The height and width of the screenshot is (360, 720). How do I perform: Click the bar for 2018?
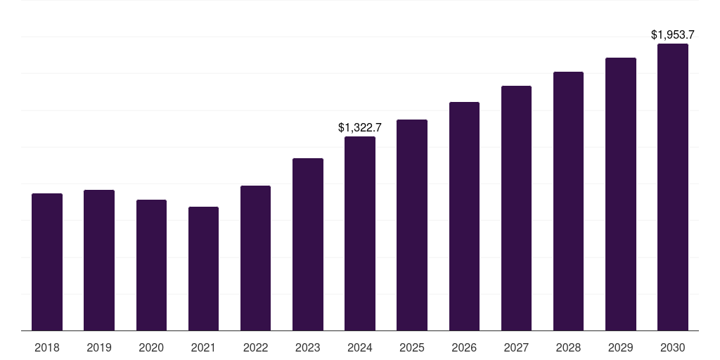point(47,262)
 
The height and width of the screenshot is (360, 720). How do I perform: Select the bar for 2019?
point(99,260)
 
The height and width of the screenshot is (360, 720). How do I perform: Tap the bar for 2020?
point(151,265)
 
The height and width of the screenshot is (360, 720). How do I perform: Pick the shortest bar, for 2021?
point(203,269)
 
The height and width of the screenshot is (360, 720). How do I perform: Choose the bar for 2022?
point(255,258)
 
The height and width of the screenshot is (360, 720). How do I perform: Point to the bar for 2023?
point(308,244)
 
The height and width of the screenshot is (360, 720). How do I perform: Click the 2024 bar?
point(360,233)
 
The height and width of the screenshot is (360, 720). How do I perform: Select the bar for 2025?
point(412,225)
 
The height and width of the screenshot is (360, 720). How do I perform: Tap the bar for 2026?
point(464,216)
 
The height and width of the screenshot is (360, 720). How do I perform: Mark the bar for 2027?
point(516,208)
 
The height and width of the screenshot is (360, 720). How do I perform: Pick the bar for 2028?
point(568,201)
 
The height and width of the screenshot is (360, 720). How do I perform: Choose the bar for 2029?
point(621,194)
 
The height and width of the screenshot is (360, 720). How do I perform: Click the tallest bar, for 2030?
point(673,187)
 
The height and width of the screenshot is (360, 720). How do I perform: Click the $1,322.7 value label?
point(360,127)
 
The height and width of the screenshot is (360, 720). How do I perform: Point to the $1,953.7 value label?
point(673,34)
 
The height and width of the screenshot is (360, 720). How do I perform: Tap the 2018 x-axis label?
point(47,347)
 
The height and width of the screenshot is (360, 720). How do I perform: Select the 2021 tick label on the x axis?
point(203,347)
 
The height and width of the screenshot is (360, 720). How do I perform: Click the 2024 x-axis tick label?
point(360,347)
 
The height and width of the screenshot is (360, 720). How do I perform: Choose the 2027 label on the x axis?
point(516,347)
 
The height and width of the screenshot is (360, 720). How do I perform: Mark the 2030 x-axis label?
point(673,347)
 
